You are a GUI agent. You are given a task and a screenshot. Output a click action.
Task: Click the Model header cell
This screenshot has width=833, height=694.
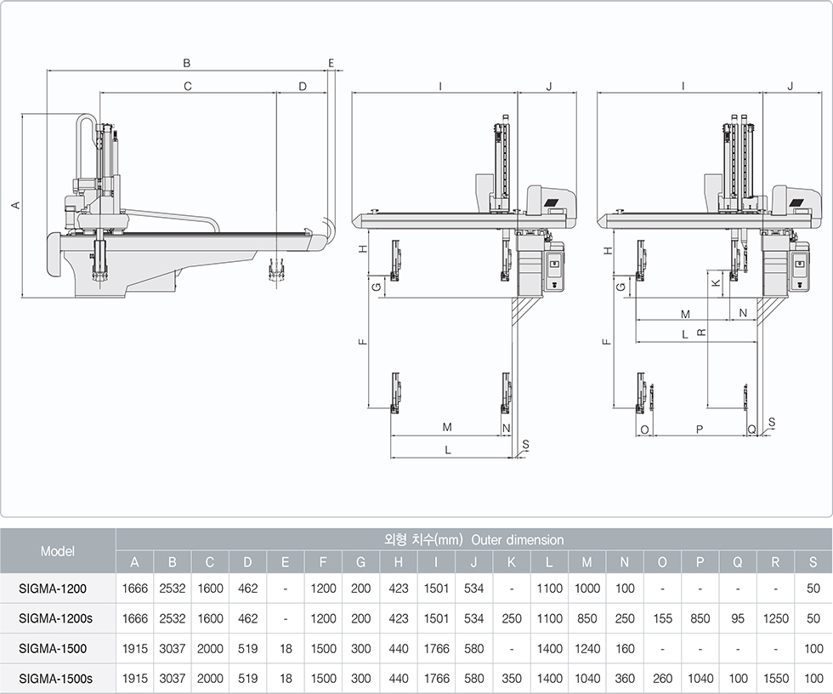(x=58, y=551)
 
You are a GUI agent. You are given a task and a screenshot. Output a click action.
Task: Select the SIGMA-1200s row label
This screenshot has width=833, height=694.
(x=55, y=618)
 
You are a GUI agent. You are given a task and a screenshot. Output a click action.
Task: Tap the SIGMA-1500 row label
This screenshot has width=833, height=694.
(x=53, y=648)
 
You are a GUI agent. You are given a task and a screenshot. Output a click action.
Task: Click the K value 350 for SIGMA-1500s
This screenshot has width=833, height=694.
(x=512, y=679)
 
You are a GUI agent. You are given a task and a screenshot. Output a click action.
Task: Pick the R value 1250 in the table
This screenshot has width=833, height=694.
(x=775, y=618)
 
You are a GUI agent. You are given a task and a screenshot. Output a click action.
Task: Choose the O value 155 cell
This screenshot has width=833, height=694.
(x=662, y=618)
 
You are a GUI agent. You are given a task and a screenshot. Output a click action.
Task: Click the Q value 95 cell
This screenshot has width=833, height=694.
(x=738, y=618)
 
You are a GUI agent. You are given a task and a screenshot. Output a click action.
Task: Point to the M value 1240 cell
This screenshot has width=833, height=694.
(x=587, y=648)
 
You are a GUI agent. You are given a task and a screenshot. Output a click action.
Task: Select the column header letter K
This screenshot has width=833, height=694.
(x=512, y=562)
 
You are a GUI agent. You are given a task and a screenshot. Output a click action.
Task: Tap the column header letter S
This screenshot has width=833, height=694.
(x=813, y=562)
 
